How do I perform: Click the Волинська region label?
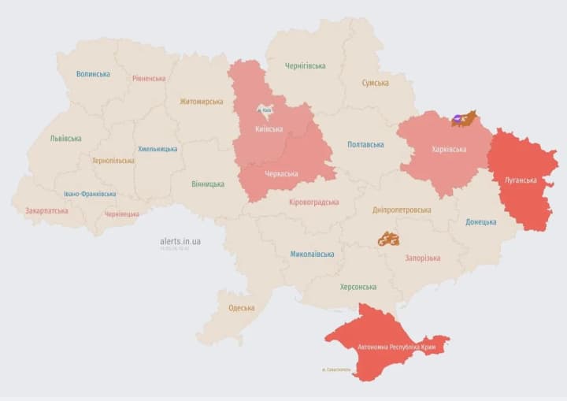pos(93,74)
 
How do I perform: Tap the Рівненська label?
pos(149,79)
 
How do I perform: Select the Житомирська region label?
pos(201,102)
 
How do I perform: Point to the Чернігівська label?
pos(305,66)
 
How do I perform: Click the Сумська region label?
pos(375,83)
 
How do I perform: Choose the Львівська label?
pos(65,139)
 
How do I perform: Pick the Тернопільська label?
pos(113,161)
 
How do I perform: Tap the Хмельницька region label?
pos(157,149)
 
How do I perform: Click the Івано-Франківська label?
pos(90,194)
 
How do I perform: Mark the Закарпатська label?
pos(46,211)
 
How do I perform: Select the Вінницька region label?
pos(207,184)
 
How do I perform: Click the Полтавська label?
pos(365,145)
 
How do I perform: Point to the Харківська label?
pos(449,150)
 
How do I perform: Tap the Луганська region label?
pos(521,180)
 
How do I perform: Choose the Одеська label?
pos(241,308)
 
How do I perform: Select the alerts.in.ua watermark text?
pos(180,241)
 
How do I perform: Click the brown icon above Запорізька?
pos(387,238)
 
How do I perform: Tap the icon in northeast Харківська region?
pos(464,119)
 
